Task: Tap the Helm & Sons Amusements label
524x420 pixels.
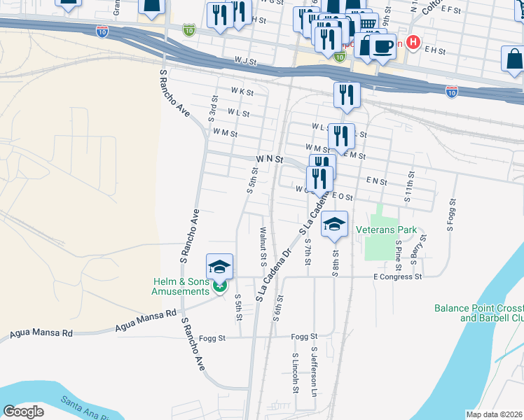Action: (x=181, y=286)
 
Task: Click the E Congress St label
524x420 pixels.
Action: (x=397, y=276)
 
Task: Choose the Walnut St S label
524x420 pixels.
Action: (x=263, y=246)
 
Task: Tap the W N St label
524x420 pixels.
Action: (x=269, y=159)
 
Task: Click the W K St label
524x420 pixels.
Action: (x=242, y=92)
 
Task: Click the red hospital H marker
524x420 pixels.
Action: (x=413, y=43)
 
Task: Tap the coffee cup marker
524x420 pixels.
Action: (x=382, y=46)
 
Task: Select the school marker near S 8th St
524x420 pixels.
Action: (x=335, y=225)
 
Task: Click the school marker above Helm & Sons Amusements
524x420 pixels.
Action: (x=219, y=267)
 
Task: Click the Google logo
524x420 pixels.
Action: (x=24, y=411)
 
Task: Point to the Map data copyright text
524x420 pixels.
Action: (x=495, y=414)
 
